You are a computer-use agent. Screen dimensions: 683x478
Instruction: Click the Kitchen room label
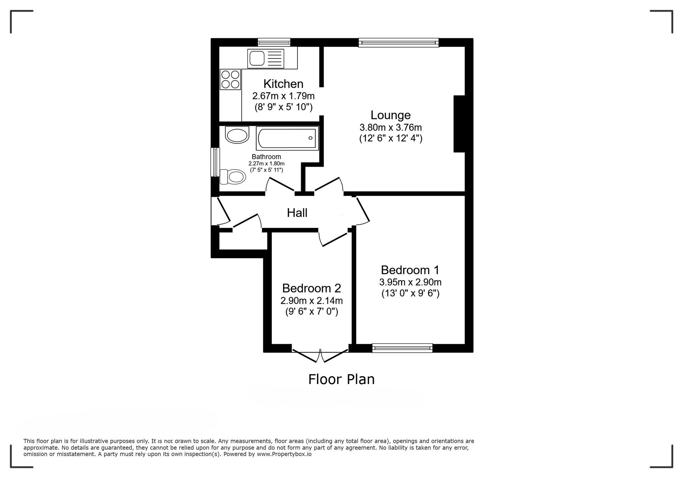tap(283, 84)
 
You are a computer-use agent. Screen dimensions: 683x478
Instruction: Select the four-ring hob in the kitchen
tap(230, 79)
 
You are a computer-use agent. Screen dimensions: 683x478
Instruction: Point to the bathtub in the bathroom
tap(287, 138)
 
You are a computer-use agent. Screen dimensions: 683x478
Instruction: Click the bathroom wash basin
tap(237, 135)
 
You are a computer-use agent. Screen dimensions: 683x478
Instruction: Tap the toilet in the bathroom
tap(233, 177)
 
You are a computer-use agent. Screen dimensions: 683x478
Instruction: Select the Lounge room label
tap(391, 115)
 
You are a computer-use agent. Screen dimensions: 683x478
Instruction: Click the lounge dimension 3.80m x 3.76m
tap(391, 127)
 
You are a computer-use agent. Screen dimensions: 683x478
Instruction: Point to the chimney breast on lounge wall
tap(459, 124)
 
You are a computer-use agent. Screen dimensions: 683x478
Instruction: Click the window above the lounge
tap(399, 42)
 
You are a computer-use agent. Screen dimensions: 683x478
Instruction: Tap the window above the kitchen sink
tap(274, 42)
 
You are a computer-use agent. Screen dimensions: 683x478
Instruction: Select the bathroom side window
tap(215, 162)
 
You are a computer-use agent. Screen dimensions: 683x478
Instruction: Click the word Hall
tap(297, 213)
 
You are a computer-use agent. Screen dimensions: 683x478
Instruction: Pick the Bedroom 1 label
tap(410, 270)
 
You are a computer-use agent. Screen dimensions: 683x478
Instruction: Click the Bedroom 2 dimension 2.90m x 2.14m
tap(311, 301)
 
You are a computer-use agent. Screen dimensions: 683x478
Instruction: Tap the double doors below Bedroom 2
tap(321, 356)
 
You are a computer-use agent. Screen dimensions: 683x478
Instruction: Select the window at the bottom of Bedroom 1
tap(402, 348)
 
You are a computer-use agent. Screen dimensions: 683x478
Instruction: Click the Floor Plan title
tap(341, 379)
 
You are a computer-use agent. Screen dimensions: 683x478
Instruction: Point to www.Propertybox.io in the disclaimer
tap(284, 454)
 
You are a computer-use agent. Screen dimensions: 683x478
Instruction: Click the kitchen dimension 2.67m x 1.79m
tap(283, 96)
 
